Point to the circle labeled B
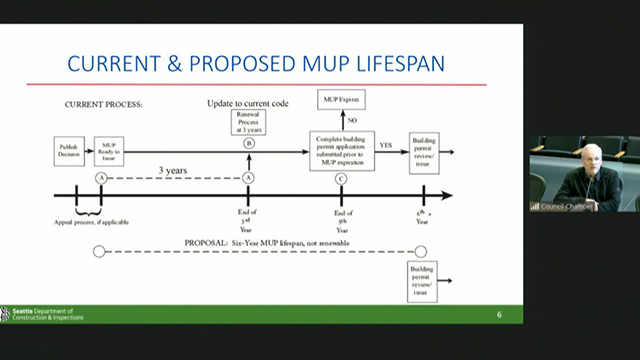click(x=248, y=144)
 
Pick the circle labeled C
click(x=341, y=178)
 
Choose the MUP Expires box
click(x=340, y=100)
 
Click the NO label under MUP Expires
click(x=352, y=120)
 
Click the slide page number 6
click(x=500, y=315)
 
